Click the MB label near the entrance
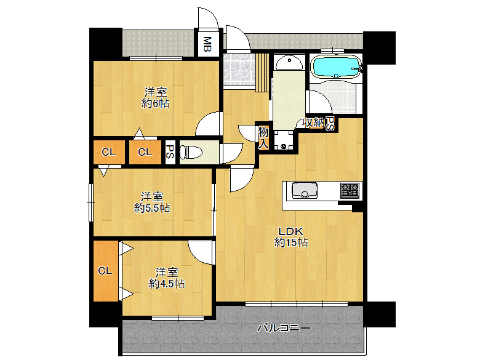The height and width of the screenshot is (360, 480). point(207,44)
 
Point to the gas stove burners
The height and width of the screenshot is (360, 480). point(350,190)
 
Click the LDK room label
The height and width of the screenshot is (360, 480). point(291,232)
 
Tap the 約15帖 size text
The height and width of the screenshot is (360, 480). point(291,243)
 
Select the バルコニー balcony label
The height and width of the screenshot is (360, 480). point(284,328)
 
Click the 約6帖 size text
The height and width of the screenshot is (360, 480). point(155,103)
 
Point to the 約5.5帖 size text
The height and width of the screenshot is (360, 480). point(152,208)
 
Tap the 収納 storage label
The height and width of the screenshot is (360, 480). point(313,122)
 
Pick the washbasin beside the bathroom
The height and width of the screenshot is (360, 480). point(288,62)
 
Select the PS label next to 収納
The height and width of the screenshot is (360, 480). point(329,124)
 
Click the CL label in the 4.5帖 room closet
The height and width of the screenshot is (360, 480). point(105,270)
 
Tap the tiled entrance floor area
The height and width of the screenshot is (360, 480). point(238,69)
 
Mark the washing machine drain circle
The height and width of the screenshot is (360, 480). point(284,146)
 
